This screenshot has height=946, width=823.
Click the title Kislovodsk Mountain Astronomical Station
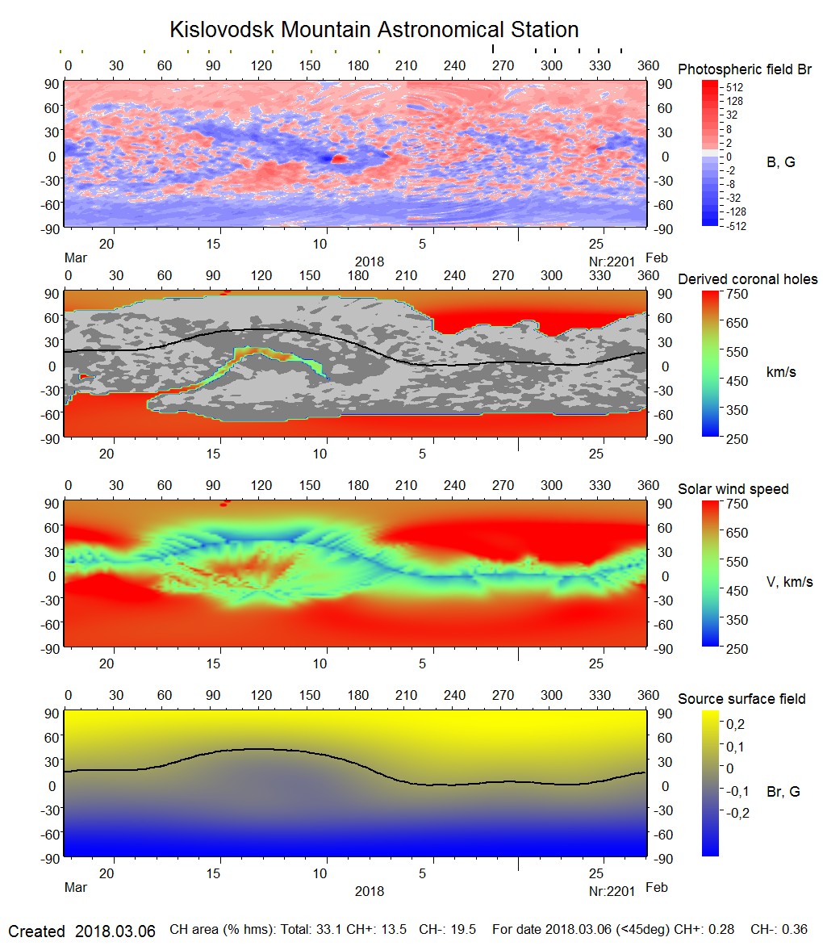coord(374,31)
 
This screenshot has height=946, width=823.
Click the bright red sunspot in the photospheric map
coord(339,158)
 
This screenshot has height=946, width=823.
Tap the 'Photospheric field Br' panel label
coord(745,69)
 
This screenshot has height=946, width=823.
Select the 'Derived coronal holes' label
coord(747,279)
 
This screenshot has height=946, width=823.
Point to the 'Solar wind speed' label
coord(733,489)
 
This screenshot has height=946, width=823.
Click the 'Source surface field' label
coord(742,698)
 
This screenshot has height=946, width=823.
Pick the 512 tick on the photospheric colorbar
coord(734,87)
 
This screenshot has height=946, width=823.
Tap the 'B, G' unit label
coord(780,162)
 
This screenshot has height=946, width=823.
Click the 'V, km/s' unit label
coord(789,582)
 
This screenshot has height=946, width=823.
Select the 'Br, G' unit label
coord(783,792)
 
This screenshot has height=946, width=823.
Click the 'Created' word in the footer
coord(36,931)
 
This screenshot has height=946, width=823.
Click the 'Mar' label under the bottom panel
coord(75,888)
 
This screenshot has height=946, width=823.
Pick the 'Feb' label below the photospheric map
coord(657,257)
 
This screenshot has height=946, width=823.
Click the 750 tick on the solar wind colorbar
coord(737,504)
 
